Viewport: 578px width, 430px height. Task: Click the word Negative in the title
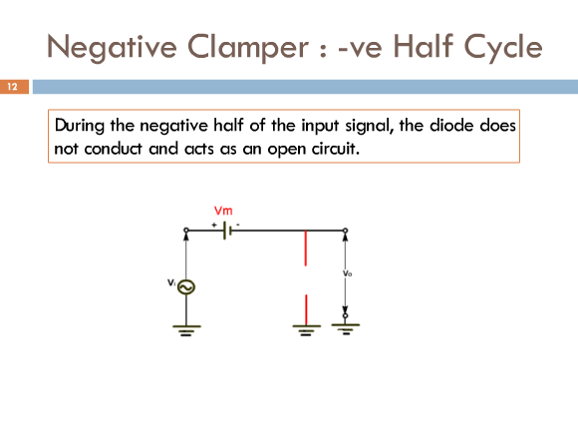click(x=112, y=48)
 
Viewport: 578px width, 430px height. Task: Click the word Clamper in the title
click(x=248, y=47)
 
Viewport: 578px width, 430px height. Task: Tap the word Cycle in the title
click(x=503, y=48)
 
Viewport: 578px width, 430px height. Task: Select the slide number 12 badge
click(x=14, y=87)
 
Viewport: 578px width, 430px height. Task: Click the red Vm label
click(x=223, y=211)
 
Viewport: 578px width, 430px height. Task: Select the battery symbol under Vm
click(x=227, y=230)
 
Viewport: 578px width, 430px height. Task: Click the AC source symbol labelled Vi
click(x=186, y=287)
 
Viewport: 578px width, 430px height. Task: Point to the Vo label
click(x=347, y=273)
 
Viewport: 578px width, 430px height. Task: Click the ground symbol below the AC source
click(x=186, y=330)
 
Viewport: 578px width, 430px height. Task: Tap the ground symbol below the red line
click(x=306, y=330)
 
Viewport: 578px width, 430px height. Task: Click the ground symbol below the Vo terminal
click(x=346, y=329)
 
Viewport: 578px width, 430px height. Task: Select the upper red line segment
click(x=306, y=248)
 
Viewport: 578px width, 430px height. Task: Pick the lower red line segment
click(x=306, y=309)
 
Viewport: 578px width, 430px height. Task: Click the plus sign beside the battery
click(x=214, y=224)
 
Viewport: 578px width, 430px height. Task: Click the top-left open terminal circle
click(x=186, y=230)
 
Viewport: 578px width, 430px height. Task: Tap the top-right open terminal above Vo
click(x=346, y=230)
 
